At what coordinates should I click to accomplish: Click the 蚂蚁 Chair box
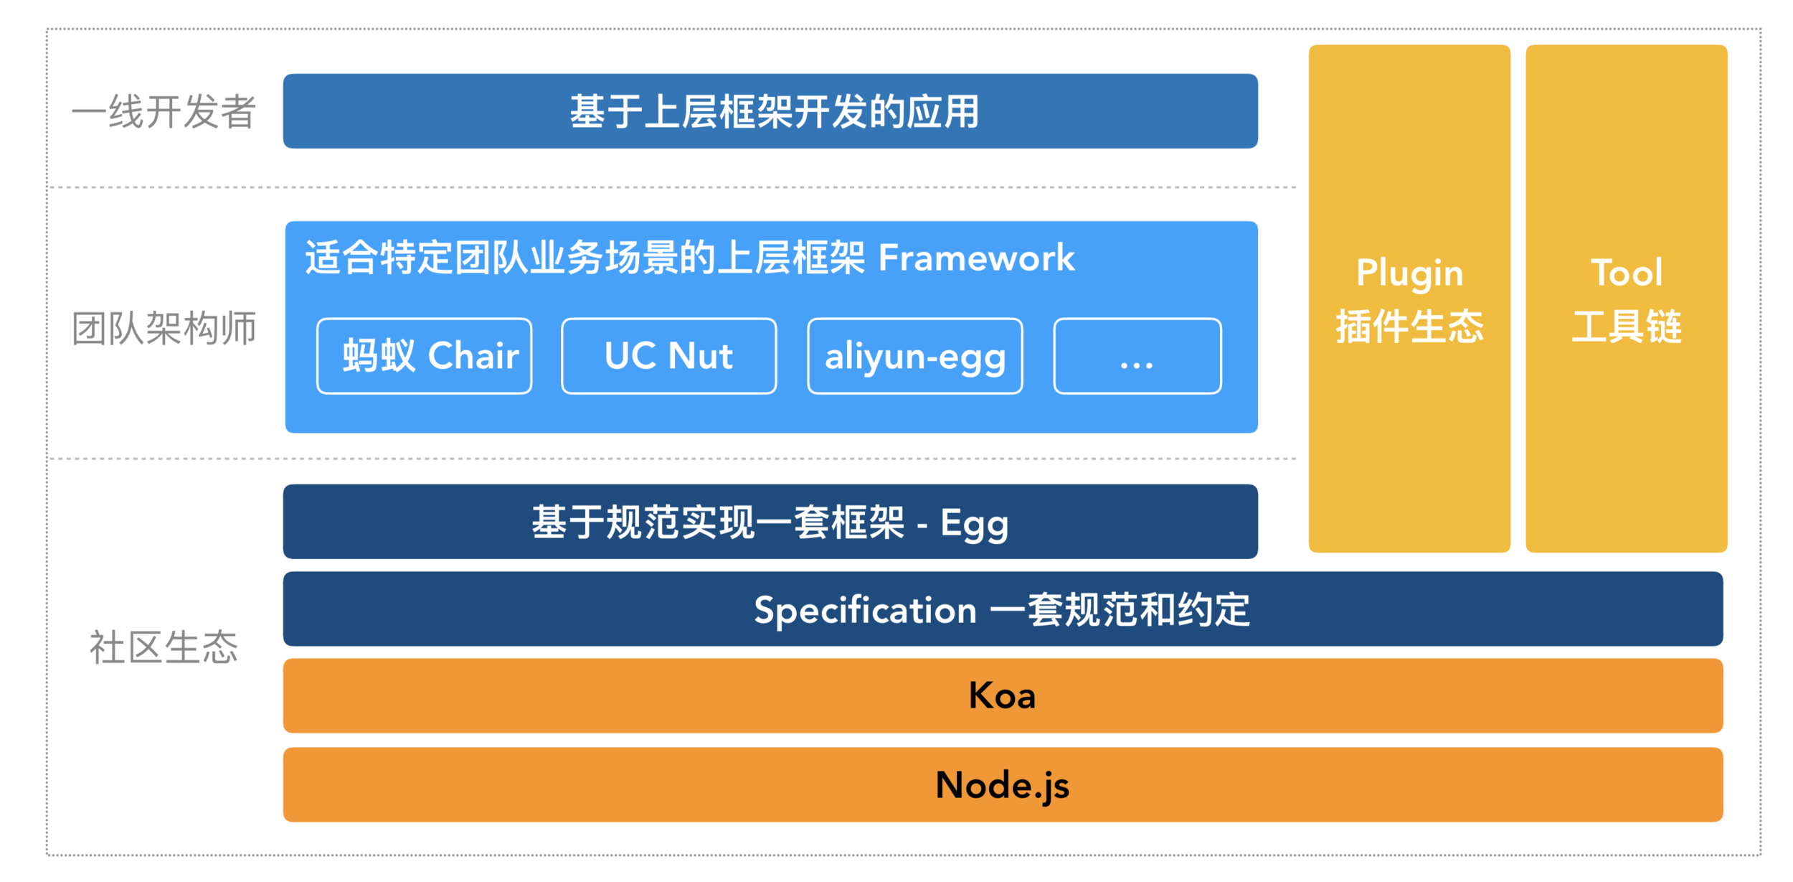(425, 356)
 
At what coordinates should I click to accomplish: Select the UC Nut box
(668, 356)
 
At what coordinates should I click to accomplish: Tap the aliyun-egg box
(914, 356)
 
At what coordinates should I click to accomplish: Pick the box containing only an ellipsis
(1137, 356)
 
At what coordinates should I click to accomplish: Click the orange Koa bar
(1003, 695)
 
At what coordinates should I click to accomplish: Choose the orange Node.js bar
(1003, 784)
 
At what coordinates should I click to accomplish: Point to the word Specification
(865, 610)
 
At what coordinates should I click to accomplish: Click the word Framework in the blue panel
(976, 258)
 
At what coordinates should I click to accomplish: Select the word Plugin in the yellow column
(1409, 273)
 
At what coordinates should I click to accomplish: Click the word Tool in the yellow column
(1626, 273)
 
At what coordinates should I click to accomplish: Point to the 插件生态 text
(1409, 327)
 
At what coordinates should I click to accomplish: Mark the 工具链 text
(1626, 327)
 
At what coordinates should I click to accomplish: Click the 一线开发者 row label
(164, 112)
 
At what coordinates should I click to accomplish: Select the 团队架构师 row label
(164, 329)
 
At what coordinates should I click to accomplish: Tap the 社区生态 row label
(164, 647)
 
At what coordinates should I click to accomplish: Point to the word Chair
(473, 356)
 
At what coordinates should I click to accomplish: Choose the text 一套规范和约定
(1120, 610)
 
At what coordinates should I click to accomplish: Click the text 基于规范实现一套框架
(717, 522)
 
